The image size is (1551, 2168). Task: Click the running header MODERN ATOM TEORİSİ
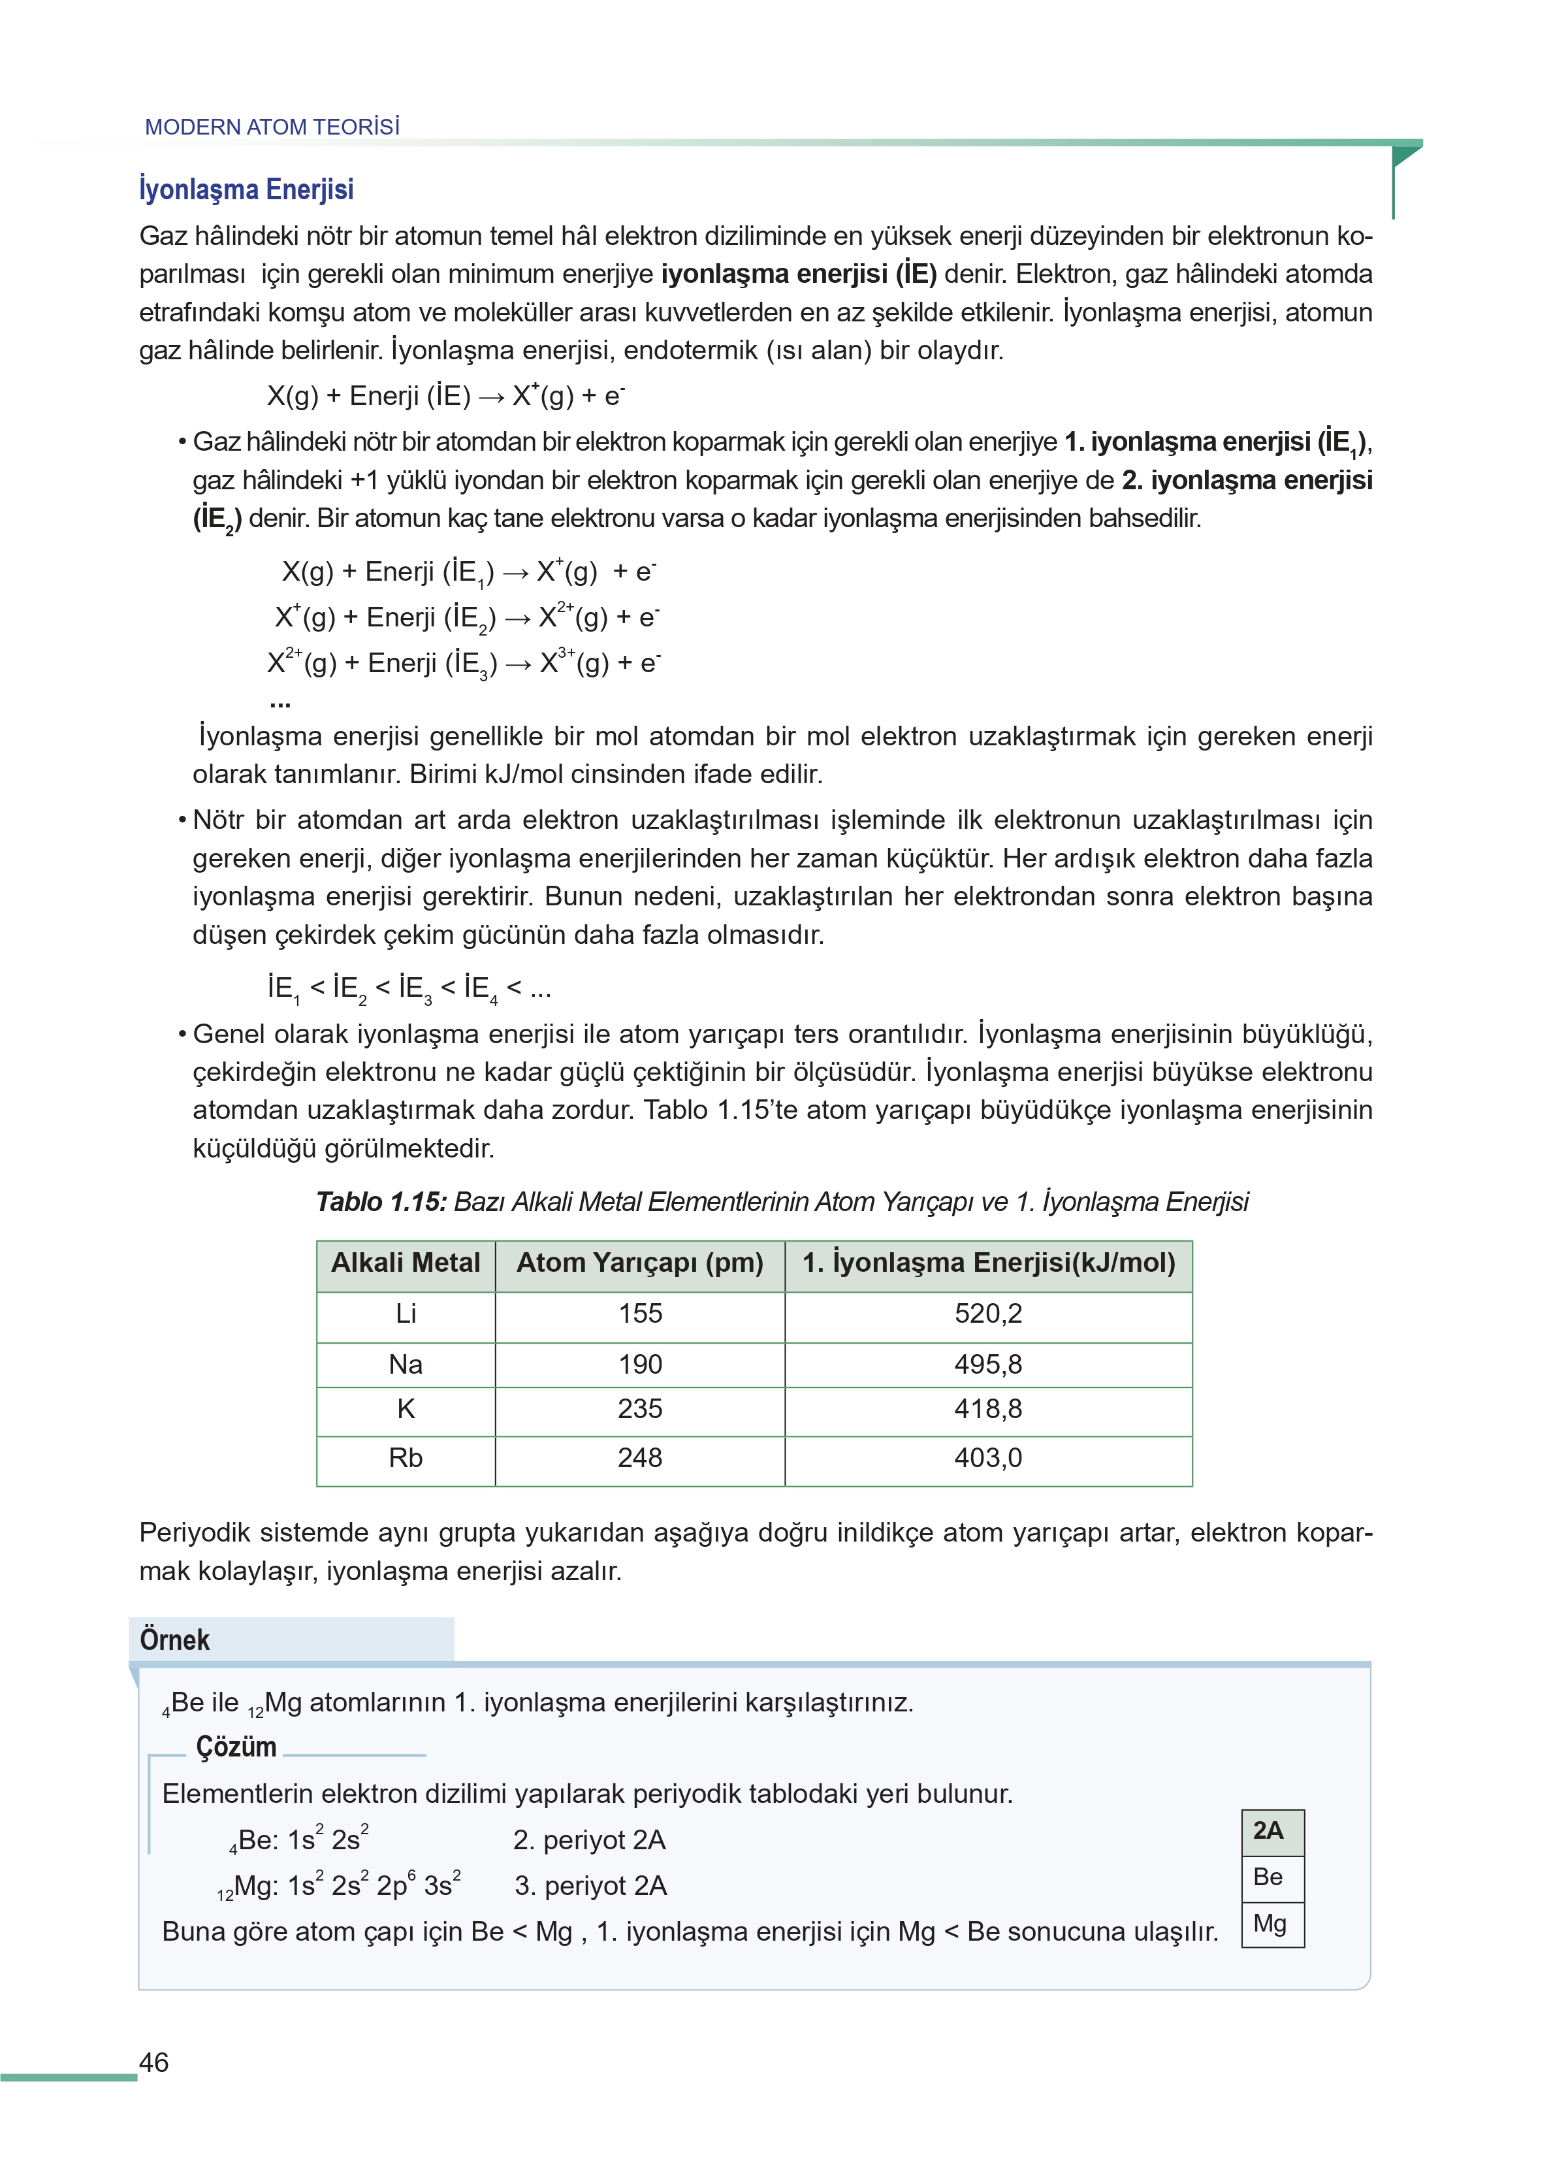[272, 127]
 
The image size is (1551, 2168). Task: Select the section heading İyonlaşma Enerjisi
[246, 189]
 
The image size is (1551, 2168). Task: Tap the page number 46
[153, 2062]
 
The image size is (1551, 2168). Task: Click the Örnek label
[175, 1640]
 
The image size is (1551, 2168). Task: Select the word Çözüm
[236, 1747]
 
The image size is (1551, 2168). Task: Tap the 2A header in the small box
[1268, 1831]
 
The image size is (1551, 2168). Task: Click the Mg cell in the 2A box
[1270, 1924]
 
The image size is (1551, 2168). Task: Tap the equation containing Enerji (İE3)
[463, 663]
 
